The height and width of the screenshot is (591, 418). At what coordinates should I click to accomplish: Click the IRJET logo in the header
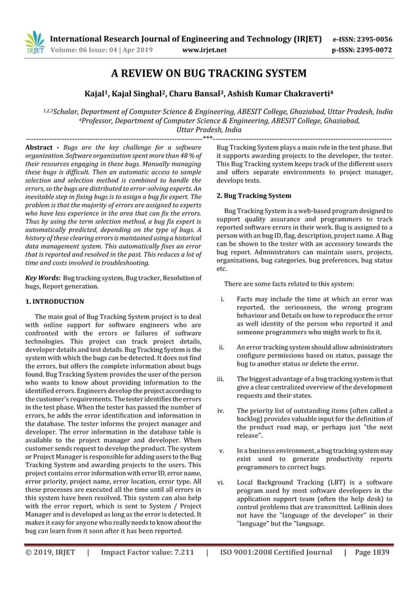point(33,41)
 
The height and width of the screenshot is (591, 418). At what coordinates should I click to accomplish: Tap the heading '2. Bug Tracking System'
point(254,195)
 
